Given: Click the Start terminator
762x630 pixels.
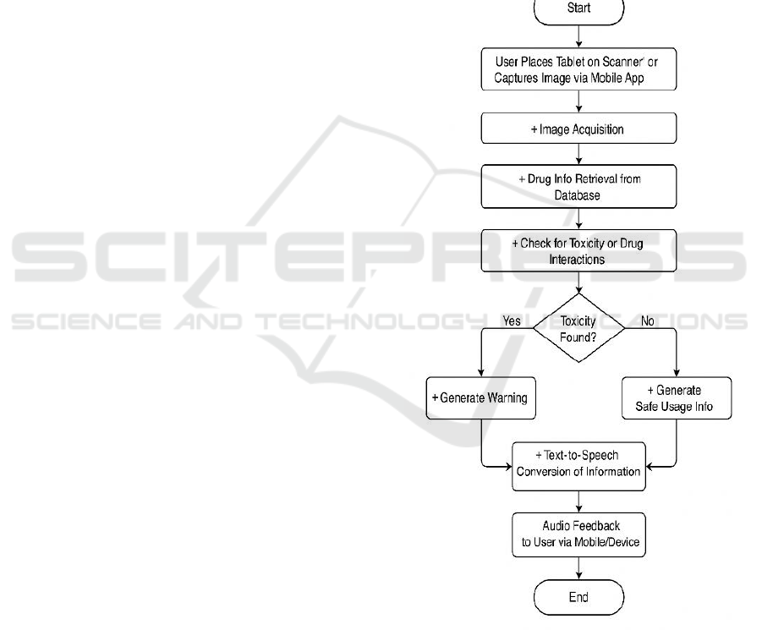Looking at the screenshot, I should point(578,9).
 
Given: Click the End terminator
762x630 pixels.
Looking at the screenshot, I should point(578,597).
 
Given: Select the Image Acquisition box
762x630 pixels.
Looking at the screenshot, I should point(578,129).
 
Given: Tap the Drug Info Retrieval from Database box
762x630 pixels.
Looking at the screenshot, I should point(578,186).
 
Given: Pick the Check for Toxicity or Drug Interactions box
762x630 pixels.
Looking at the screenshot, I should point(578,251).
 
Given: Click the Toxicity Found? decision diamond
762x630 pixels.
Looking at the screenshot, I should point(578,327).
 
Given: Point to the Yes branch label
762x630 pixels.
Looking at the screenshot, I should point(512,321).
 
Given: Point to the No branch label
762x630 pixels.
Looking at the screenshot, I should point(647,321).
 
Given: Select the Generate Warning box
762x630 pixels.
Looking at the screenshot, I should point(482,397).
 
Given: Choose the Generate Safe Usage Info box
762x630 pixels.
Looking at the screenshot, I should point(676,397).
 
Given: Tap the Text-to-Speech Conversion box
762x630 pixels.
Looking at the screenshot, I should point(578,464).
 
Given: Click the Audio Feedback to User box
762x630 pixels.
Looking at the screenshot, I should point(578,534).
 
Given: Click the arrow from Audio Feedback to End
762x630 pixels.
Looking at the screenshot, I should point(578,568).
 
